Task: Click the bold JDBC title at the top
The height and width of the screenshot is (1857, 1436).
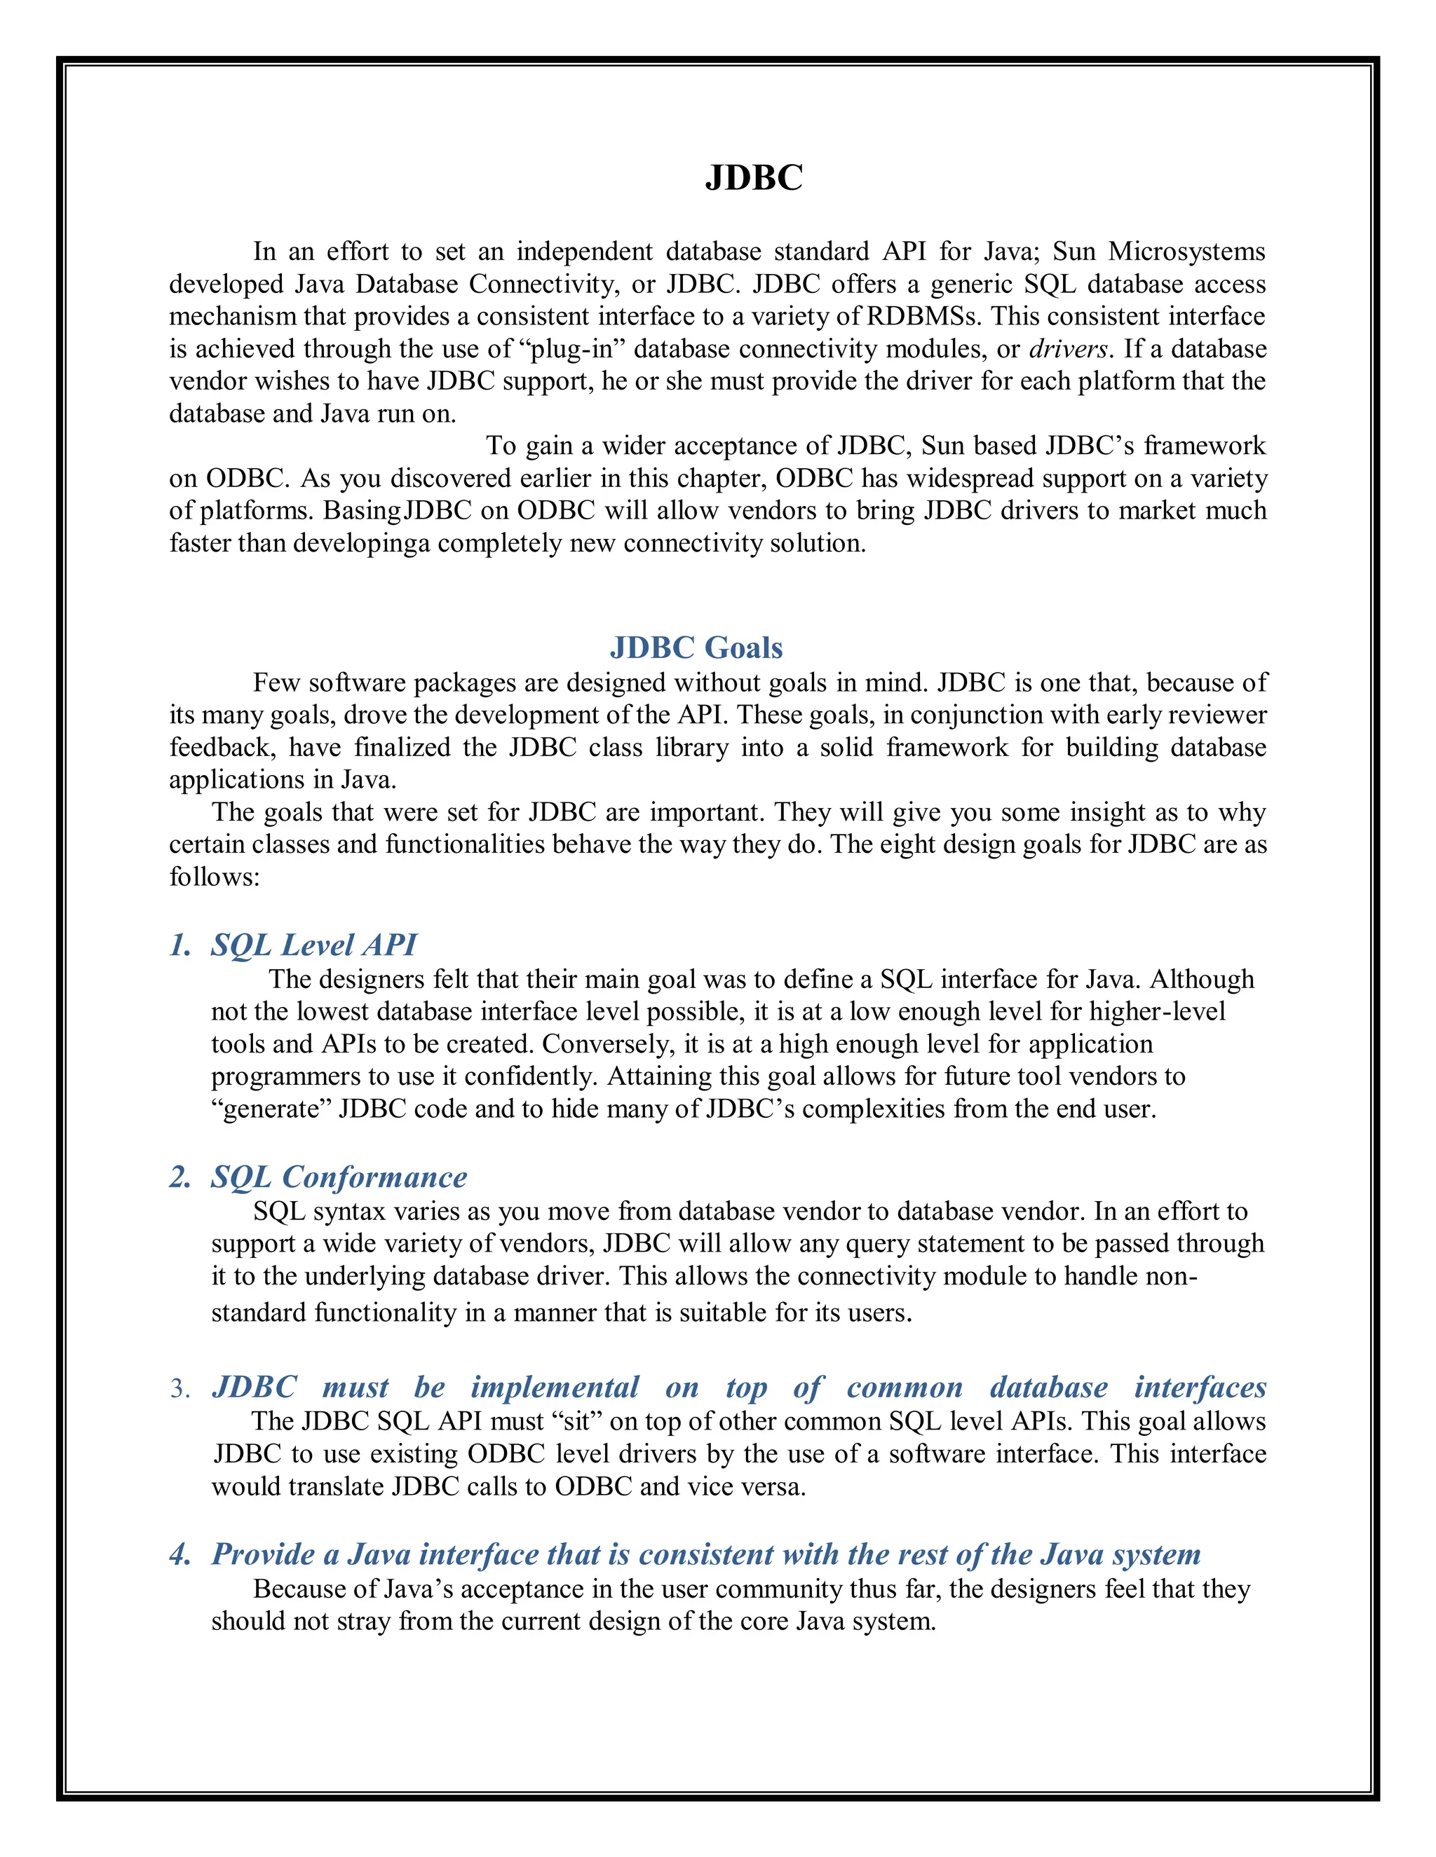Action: point(754,178)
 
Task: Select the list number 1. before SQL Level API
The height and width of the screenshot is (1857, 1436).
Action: point(180,945)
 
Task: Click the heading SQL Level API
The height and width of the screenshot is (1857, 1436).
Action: point(314,945)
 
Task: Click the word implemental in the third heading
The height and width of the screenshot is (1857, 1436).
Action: point(555,1387)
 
